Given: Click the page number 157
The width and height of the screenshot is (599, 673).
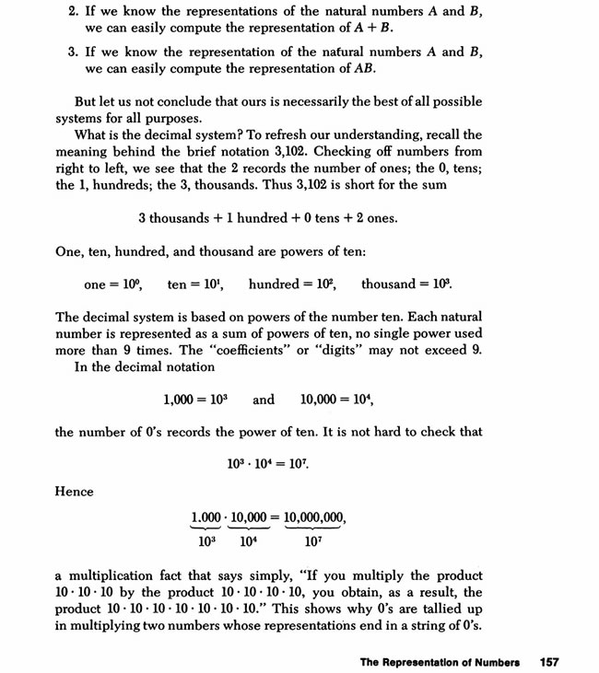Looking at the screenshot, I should [550, 661].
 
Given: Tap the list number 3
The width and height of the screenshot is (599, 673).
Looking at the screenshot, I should [73, 52].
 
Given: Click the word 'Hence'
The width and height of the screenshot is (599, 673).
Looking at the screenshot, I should [75, 492].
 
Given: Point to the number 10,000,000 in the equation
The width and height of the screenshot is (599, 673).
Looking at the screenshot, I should [315, 517].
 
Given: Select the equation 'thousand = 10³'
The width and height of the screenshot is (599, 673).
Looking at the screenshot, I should [406, 284].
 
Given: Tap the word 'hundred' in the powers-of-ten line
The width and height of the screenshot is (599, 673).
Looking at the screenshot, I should [272, 284].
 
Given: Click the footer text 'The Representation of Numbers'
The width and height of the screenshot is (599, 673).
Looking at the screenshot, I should [440, 661].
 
